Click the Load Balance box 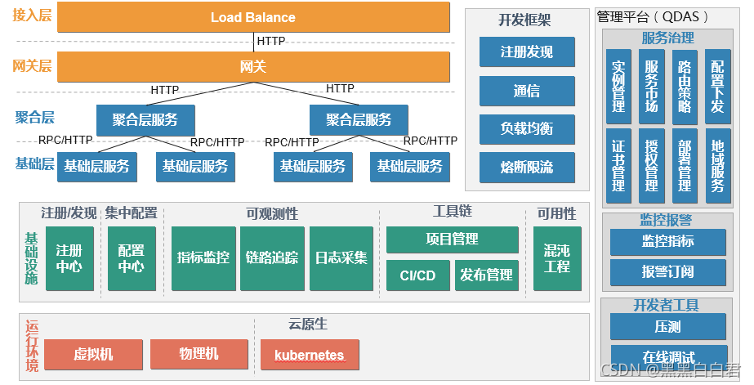[x=253, y=17]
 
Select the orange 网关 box [x=253, y=66]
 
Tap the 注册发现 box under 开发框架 [x=526, y=52]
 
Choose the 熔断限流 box [x=526, y=168]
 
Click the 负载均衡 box [x=526, y=129]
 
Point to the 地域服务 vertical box [x=717, y=165]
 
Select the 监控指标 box [x=667, y=242]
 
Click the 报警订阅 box [x=667, y=272]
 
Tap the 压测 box [x=667, y=327]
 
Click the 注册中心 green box [x=69, y=258]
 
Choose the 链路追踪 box [x=272, y=258]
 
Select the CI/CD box [x=417, y=275]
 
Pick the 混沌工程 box [x=557, y=258]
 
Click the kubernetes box [x=310, y=356]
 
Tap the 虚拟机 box [x=93, y=355]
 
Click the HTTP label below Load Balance [x=271, y=40]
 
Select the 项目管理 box [x=452, y=240]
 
